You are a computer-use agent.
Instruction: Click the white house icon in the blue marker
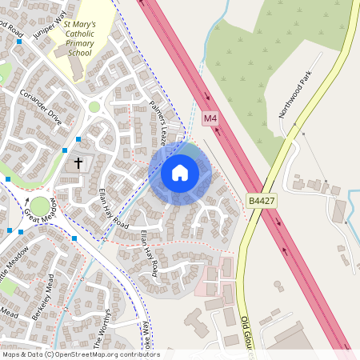pyautogui.click(x=180, y=172)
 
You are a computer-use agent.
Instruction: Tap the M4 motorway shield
pyautogui.click(x=210, y=118)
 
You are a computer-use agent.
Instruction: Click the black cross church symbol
pyautogui.click(x=78, y=163)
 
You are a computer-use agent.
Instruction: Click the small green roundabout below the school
pyautogui.click(x=94, y=106)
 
